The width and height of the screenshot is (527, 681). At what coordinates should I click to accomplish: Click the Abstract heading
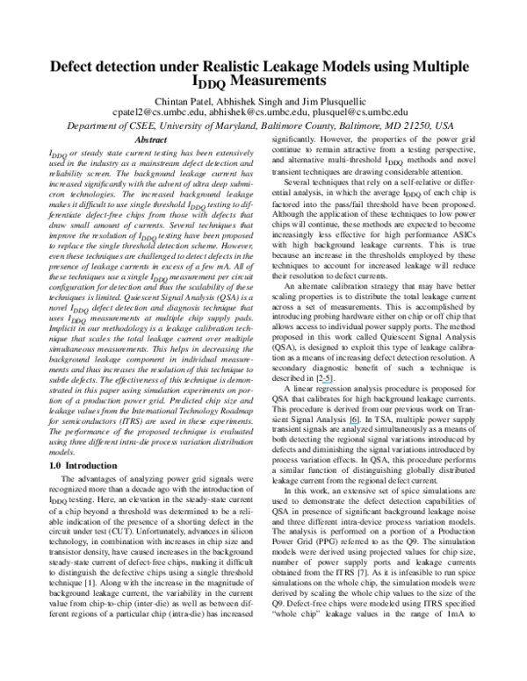(x=148, y=140)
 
